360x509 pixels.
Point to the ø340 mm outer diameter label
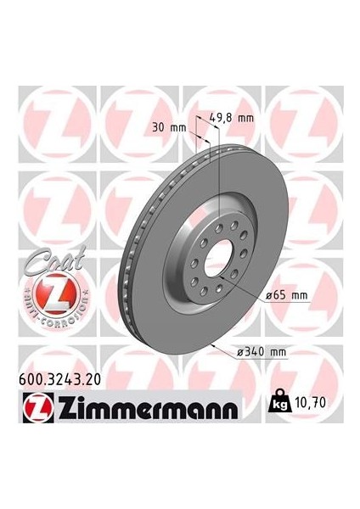coord(285,350)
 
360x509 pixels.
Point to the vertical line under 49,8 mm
coord(220,170)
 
